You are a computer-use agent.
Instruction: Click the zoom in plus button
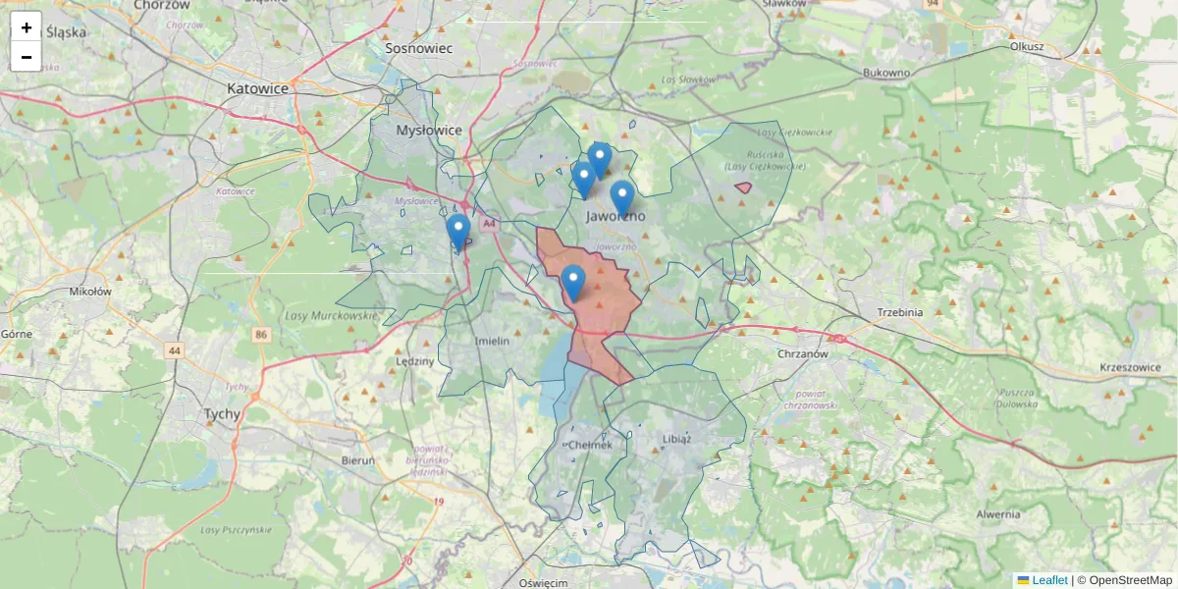(27, 27)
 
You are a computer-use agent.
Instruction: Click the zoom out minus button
(27, 57)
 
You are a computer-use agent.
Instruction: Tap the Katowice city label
(257, 88)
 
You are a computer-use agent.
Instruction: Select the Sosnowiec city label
(418, 47)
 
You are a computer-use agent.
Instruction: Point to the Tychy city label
(221, 414)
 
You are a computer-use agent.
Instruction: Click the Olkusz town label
(1025, 46)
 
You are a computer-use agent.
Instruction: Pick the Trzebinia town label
(900, 312)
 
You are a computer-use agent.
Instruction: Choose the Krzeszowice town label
(1130, 368)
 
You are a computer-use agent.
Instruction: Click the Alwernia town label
(999, 514)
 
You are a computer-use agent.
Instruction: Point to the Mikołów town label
(90, 292)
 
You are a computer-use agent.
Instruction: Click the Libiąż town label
(676, 439)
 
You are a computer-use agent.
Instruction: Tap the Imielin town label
(492, 341)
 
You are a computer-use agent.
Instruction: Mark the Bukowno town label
(886, 73)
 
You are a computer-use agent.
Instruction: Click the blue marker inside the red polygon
(573, 283)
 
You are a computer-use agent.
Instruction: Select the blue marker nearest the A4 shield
(457, 232)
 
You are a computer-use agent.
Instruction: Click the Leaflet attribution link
(1049, 580)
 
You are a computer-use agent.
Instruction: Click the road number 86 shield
(260, 335)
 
